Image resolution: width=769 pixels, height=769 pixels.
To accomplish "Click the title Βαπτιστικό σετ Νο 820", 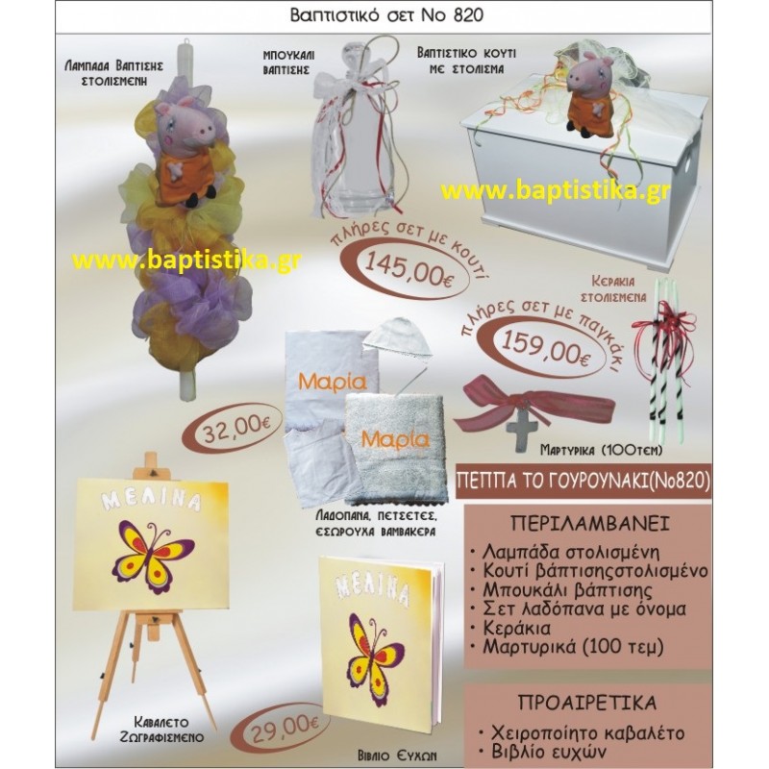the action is (x=386, y=15).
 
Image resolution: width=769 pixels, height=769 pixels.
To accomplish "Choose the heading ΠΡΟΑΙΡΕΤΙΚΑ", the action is (x=587, y=703).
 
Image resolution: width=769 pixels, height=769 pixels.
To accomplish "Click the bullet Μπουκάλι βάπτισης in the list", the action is (x=567, y=590).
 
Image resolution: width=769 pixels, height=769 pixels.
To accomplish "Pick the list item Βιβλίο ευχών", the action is (x=544, y=752).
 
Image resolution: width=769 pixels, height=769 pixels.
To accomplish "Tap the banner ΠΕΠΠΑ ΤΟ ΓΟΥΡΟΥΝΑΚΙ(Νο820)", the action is (x=583, y=482).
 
